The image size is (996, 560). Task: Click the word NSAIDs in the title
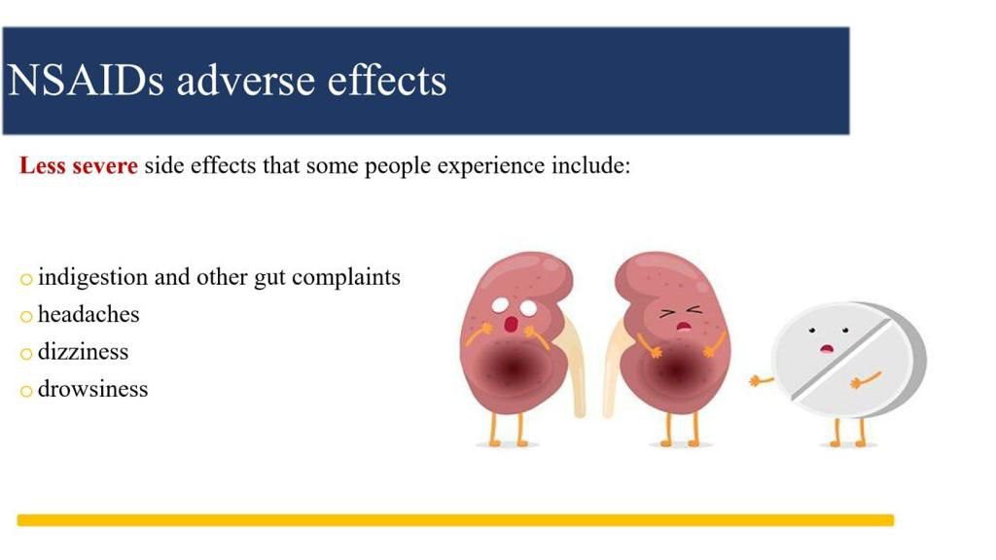coord(86,81)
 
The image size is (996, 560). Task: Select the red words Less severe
coord(78,165)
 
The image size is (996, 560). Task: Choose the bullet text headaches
coord(89,314)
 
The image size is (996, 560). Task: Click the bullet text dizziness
coord(84,352)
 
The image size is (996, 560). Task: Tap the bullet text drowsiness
coord(92,389)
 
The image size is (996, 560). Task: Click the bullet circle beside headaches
coord(26,316)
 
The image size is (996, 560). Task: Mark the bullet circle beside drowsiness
coord(26,391)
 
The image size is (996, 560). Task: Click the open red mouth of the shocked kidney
coord(511,325)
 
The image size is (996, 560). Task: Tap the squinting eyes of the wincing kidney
coord(680,312)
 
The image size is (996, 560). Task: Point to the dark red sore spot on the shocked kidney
coord(512,367)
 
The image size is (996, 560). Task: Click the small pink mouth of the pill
coord(827,348)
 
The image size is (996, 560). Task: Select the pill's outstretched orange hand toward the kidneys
coord(761,381)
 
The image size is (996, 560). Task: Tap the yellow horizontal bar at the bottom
coord(455,521)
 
